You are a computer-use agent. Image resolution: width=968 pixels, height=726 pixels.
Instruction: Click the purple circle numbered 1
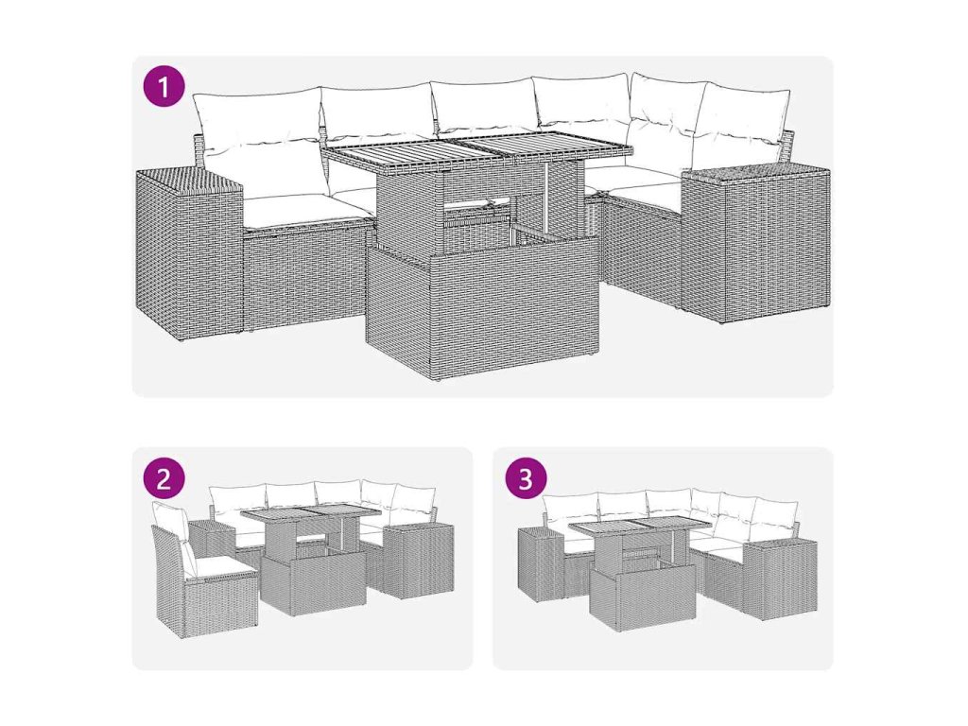[x=164, y=87]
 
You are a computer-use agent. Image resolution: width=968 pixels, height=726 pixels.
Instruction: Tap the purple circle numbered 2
[x=164, y=477]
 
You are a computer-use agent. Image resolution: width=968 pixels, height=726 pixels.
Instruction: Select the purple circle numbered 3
[x=525, y=477]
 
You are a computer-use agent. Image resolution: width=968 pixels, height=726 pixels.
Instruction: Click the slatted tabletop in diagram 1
[x=477, y=150]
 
